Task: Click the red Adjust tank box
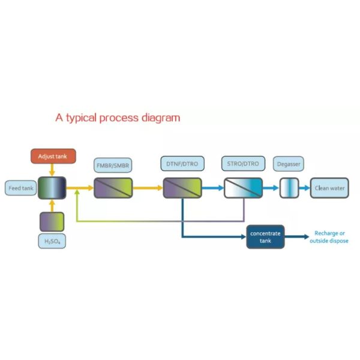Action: (53, 156)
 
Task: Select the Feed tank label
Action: (21, 188)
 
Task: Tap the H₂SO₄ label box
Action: (52, 241)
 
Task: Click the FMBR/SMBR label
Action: (113, 166)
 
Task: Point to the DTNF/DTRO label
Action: (182, 164)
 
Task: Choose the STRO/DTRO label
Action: (243, 163)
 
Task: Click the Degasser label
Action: (289, 164)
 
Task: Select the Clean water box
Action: (329, 188)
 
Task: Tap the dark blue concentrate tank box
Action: (265, 237)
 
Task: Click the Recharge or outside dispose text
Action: (329, 237)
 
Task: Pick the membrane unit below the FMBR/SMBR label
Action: (113, 188)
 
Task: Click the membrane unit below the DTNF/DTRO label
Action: (182, 188)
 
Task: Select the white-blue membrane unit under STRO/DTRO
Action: (244, 188)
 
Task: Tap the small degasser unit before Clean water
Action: (289, 188)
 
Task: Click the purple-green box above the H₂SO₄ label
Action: (52, 222)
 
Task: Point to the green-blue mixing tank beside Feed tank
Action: (52, 188)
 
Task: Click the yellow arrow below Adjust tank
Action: (52, 170)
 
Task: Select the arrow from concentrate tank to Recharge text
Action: (297, 237)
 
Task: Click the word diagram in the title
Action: (161, 118)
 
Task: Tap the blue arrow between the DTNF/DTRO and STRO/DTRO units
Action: (213, 188)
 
